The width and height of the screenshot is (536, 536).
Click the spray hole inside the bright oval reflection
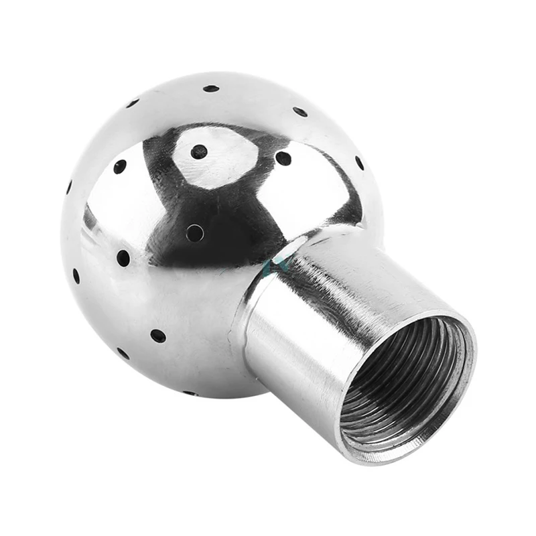[x=198, y=151]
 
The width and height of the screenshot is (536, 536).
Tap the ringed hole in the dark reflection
[x=194, y=232]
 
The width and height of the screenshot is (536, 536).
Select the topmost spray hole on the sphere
[x=211, y=88]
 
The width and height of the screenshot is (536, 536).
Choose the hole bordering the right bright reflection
[x=283, y=158]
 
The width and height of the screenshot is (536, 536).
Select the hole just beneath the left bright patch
[x=123, y=258]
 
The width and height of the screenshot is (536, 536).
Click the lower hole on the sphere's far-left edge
[x=76, y=275]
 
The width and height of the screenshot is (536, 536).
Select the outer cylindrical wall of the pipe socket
[x=301, y=335]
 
